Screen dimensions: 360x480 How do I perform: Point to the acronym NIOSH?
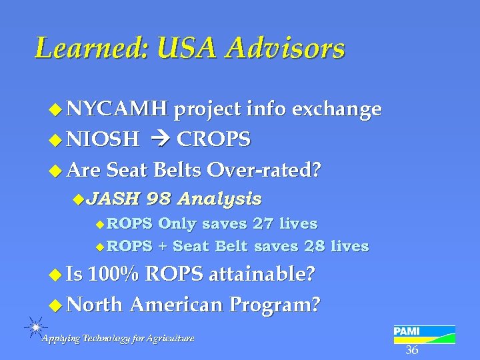tap(103, 139)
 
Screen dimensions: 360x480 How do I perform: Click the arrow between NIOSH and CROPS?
tap(160, 139)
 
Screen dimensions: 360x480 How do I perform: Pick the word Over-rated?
tap(264, 170)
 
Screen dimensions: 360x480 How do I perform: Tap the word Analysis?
tap(220, 198)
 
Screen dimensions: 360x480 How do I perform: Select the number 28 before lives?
tap(313, 246)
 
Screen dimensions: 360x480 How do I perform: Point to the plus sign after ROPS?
tap(162, 246)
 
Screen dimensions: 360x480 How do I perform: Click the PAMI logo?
tap(423, 333)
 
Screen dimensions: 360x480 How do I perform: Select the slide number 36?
tap(412, 351)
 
